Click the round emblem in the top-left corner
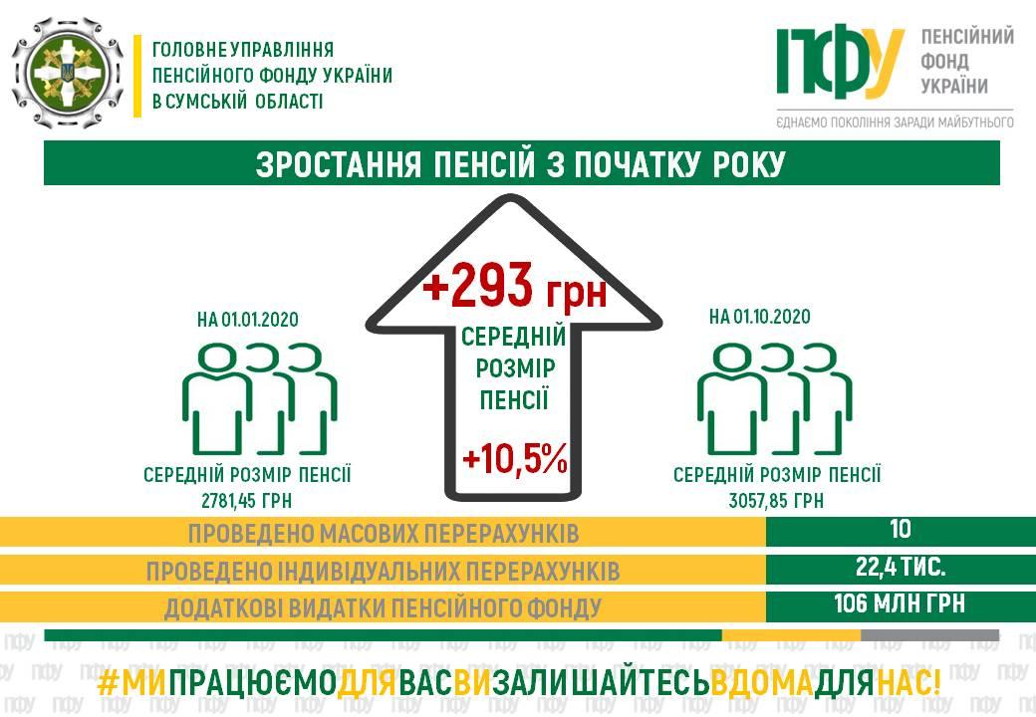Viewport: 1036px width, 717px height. point(68,73)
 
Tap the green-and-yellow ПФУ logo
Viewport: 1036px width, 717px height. point(840,62)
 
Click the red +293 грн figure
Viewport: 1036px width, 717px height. point(515,286)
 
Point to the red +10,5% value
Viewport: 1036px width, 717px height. point(515,458)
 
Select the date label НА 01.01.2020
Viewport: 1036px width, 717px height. point(248,320)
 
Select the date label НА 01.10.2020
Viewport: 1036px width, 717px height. point(760,317)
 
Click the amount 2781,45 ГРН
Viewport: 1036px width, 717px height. point(246,501)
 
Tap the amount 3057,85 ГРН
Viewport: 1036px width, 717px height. point(776,501)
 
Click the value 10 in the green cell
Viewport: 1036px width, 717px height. point(901,529)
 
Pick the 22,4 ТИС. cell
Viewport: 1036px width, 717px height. point(901,567)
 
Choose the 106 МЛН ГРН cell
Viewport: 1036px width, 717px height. point(900,603)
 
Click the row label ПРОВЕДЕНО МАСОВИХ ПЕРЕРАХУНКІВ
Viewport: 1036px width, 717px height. point(384,534)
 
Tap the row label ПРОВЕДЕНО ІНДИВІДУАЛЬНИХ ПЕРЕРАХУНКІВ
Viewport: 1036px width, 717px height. point(384,571)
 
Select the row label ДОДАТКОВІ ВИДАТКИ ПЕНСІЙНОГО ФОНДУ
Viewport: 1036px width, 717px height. point(384,608)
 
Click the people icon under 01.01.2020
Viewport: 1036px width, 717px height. point(260,398)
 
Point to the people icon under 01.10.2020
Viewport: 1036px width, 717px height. point(774,398)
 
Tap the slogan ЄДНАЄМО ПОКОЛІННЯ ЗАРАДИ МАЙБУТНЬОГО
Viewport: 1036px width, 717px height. point(896,122)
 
